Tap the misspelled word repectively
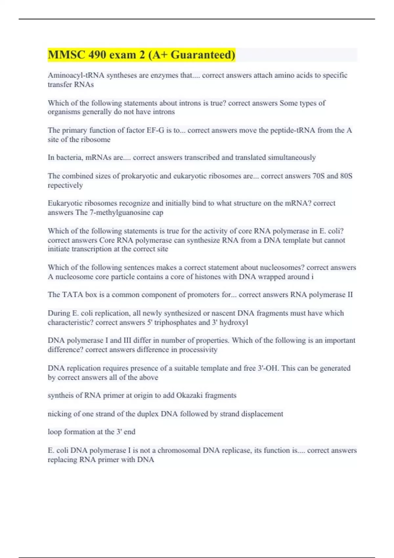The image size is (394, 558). pyautogui.click(x=65, y=185)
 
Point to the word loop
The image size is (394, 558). pyautogui.click(x=55, y=432)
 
